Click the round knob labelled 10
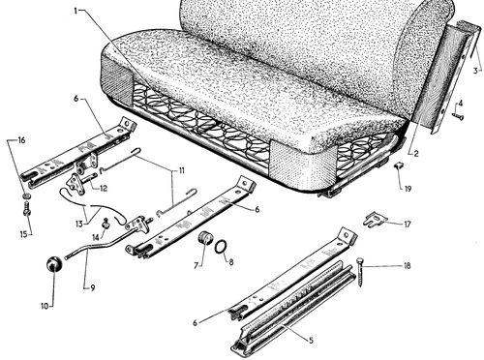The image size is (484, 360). click(x=54, y=264)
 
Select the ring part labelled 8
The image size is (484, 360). click(x=221, y=248)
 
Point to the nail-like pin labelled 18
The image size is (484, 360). click(x=360, y=272)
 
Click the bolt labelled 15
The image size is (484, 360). click(x=27, y=208)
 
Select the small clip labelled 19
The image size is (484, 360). click(x=399, y=166)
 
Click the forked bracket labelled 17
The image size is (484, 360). click(x=376, y=219)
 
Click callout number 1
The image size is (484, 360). click(x=76, y=11)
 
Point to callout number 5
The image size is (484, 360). click(x=311, y=341)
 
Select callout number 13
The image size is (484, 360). click(x=79, y=224)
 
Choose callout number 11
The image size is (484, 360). click(x=182, y=170)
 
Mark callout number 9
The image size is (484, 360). click(x=93, y=287)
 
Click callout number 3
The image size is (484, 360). click(x=475, y=71)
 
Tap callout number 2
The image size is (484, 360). click(x=416, y=154)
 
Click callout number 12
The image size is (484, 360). click(x=104, y=188)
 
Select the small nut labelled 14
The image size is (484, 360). click(x=105, y=223)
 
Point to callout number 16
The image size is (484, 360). click(x=21, y=140)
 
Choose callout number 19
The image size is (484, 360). click(x=408, y=189)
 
